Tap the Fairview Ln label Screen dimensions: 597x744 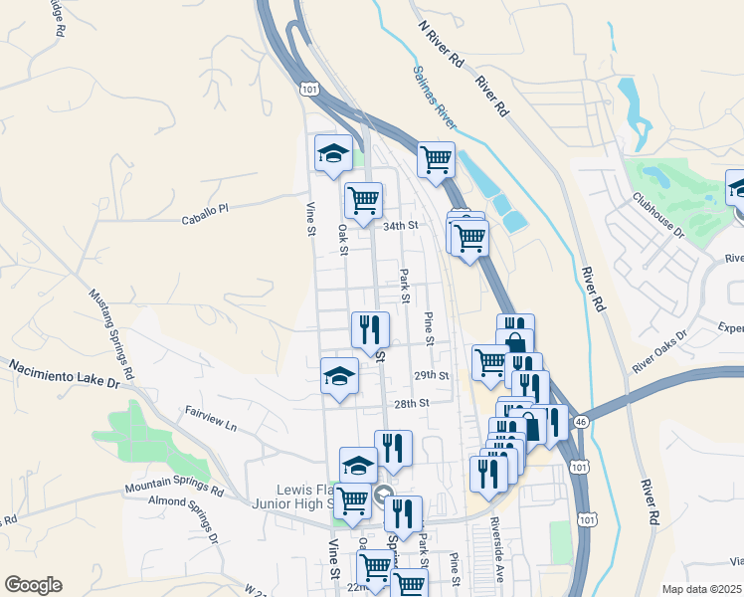pyautogui.click(x=210, y=417)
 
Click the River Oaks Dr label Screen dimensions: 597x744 pyautogui.click(x=659, y=352)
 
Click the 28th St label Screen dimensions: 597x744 pyautogui.click(x=410, y=403)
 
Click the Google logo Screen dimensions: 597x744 pyautogui.click(x=34, y=585)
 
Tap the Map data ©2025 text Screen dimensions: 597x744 pyautogui.click(x=702, y=589)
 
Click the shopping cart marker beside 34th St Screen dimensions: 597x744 pyautogui.click(x=364, y=200)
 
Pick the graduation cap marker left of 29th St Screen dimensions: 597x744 pyautogui.click(x=339, y=379)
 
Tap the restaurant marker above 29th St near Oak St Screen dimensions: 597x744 pyautogui.click(x=370, y=330)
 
